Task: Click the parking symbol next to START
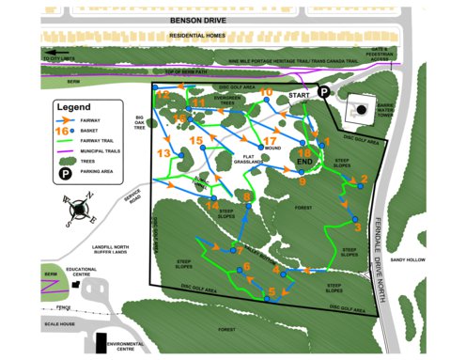[322, 92]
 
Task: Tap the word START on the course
[301, 96]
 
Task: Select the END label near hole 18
[303, 163]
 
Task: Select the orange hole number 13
[163, 152]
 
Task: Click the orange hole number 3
[357, 227]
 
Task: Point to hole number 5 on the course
[272, 290]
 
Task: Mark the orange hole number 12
[163, 95]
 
